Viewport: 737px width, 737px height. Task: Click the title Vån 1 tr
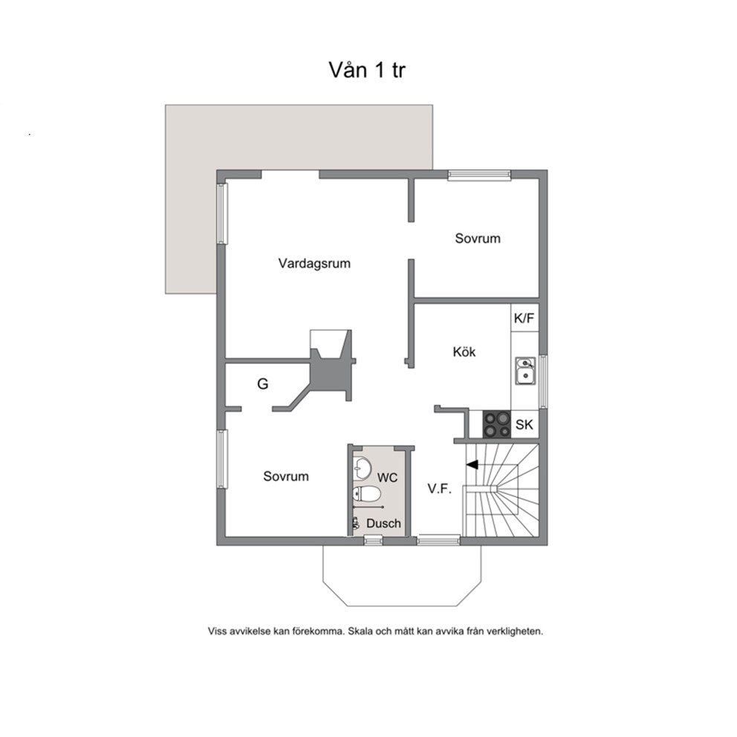(366, 70)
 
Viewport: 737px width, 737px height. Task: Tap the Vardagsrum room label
(314, 263)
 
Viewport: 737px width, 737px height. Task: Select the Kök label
(464, 351)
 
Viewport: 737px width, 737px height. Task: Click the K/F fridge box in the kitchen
(525, 318)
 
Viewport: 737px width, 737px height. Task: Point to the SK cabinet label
(524, 424)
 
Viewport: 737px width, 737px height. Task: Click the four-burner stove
(497, 424)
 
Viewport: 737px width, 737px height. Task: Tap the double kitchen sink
(525, 371)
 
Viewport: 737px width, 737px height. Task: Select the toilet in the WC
(366, 494)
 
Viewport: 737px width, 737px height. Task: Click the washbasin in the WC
(362, 467)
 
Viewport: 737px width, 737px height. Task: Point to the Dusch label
(383, 523)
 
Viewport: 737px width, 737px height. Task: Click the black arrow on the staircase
(472, 465)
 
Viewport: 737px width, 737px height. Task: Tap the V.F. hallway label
(440, 489)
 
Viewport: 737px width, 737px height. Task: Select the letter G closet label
(263, 384)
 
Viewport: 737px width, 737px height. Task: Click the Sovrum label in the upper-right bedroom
(478, 238)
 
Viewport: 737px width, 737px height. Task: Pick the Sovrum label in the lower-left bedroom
(286, 476)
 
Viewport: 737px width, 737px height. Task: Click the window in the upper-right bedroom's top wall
(479, 175)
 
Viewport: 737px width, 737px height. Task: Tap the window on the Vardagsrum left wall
(222, 213)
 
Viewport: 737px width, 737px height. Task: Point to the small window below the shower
(374, 541)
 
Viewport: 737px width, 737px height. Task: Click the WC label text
(387, 478)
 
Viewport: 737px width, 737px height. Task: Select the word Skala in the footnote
(360, 632)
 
